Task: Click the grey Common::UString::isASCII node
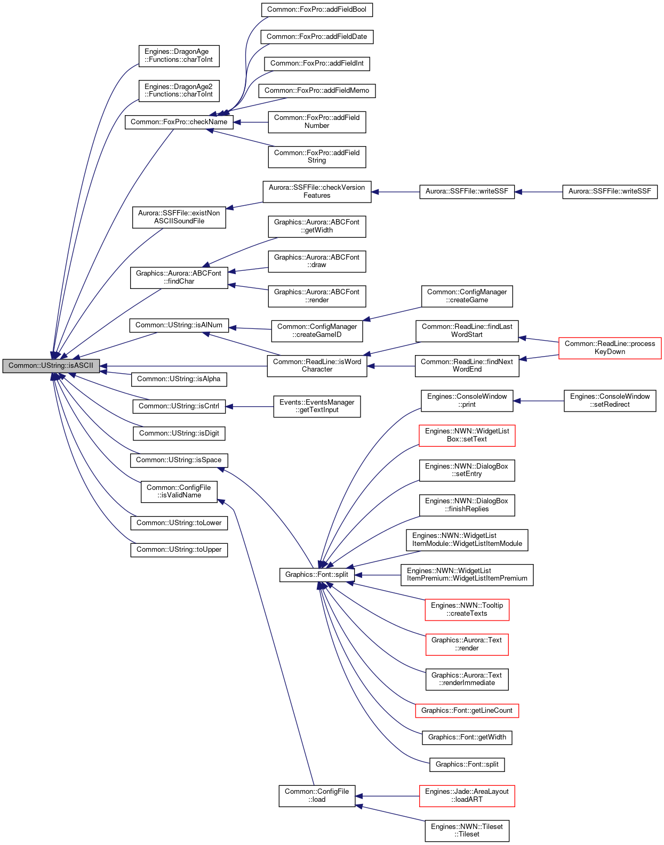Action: pos(51,366)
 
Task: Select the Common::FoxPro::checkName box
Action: pos(179,122)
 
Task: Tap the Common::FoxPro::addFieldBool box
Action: pos(317,10)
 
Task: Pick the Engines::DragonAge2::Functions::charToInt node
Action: pos(179,91)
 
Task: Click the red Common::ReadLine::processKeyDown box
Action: pos(610,348)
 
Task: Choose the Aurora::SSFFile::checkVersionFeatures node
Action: pos(317,192)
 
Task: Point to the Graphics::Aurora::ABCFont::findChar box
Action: pos(179,278)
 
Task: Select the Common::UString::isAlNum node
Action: pos(179,326)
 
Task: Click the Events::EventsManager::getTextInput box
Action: pos(317,407)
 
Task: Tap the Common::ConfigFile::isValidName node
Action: pos(179,492)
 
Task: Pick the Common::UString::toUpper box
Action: pos(179,550)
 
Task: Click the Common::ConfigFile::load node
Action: pos(317,796)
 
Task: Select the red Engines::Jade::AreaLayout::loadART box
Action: pos(467,796)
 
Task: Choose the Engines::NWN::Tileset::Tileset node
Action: pos(467,831)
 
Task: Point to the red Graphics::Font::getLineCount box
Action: pos(467,711)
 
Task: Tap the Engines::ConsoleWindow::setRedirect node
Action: pos(610,401)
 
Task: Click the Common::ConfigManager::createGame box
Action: pos(467,296)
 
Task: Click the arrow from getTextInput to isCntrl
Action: pos(250,407)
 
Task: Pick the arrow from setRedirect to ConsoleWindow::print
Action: pos(539,401)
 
